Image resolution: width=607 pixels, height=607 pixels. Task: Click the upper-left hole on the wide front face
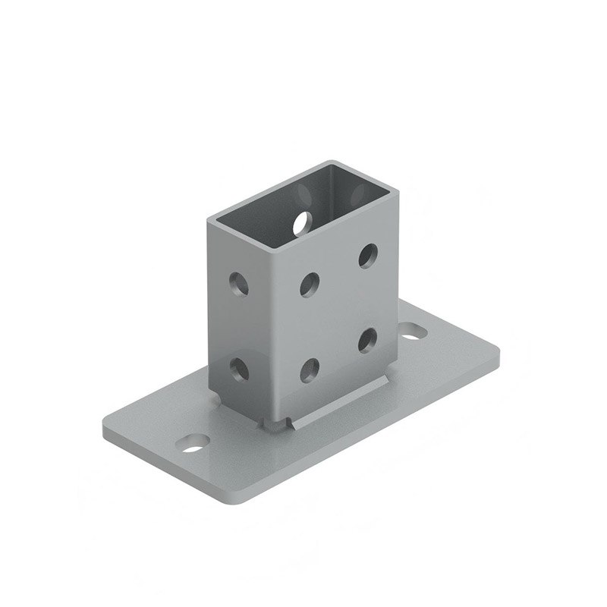click(x=310, y=284)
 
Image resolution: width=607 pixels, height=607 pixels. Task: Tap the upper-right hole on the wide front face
click(x=370, y=253)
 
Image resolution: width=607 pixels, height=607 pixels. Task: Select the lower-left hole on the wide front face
click(x=310, y=370)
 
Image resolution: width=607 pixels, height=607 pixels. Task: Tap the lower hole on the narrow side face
click(x=240, y=370)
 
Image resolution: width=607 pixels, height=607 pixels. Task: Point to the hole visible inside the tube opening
click(x=302, y=222)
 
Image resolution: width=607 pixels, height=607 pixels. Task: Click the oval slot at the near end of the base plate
click(x=196, y=442)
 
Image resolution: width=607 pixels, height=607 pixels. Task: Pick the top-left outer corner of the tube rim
click(x=210, y=218)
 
